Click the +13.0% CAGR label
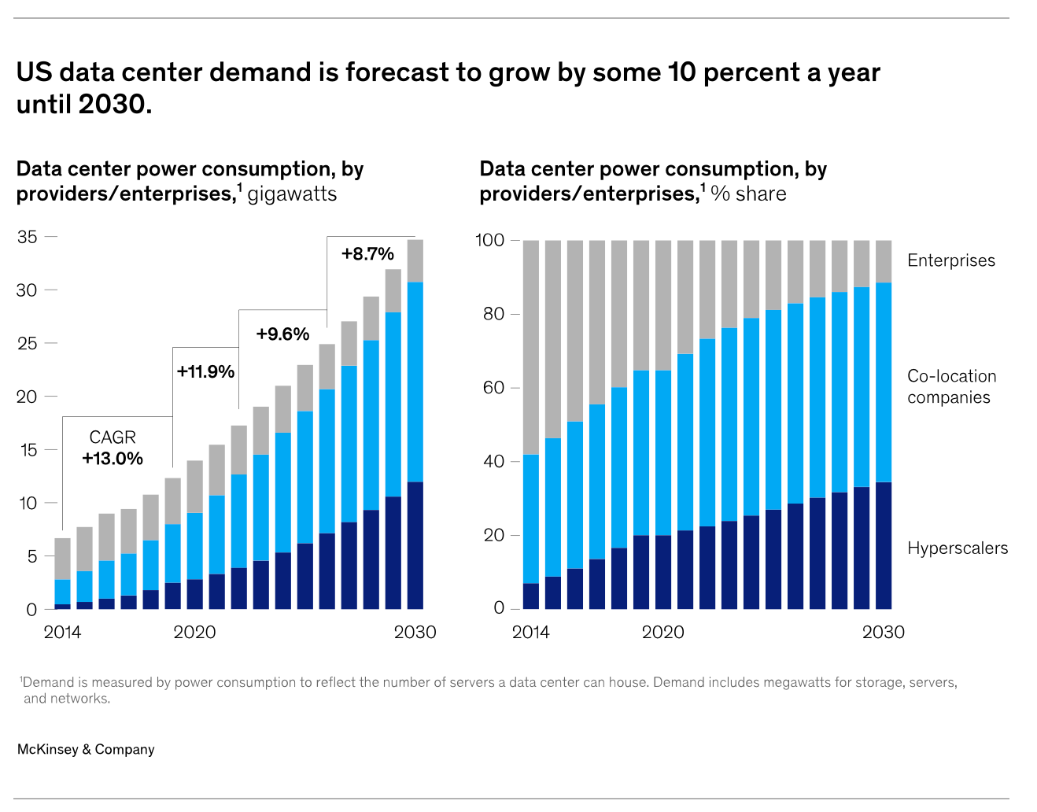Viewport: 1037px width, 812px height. pyautogui.click(x=113, y=459)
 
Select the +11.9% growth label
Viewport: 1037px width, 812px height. pyautogui.click(x=205, y=371)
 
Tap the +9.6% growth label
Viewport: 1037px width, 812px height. pyautogui.click(x=282, y=334)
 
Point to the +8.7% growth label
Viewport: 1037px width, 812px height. pyautogui.click(x=367, y=254)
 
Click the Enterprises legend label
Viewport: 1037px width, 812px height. pyautogui.click(x=950, y=260)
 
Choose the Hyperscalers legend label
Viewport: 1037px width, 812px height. pyautogui.click(x=957, y=548)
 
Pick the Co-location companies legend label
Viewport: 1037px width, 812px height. pyautogui.click(x=951, y=386)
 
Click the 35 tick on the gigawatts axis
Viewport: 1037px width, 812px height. pyautogui.click(x=28, y=237)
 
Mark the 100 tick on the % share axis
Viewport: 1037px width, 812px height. pyautogui.click(x=489, y=240)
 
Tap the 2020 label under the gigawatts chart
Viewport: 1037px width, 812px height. pyautogui.click(x=194, y=633)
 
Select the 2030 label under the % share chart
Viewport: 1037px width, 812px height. pyautogui.click(x=883, y=633)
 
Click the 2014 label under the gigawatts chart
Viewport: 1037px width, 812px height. pyautogui.click(x=62, y=633)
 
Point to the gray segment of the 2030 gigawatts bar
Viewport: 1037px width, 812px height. pyautogui.click(x=415, y=260)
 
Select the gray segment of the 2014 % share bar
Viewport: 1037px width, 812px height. pyautogui.click(x=531, y=347)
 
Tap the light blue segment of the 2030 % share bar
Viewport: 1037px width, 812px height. pyautogui.click(x=884, y=382)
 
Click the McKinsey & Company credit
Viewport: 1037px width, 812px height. pyautogui.click(x=86, y=750)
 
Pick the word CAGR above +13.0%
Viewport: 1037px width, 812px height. pyautogui.click(x=113, y=437)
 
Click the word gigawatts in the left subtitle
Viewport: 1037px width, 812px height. pyautogui.click(x=292, y=194)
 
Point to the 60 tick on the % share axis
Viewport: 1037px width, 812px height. pyautogui.click(x=493, y=388)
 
